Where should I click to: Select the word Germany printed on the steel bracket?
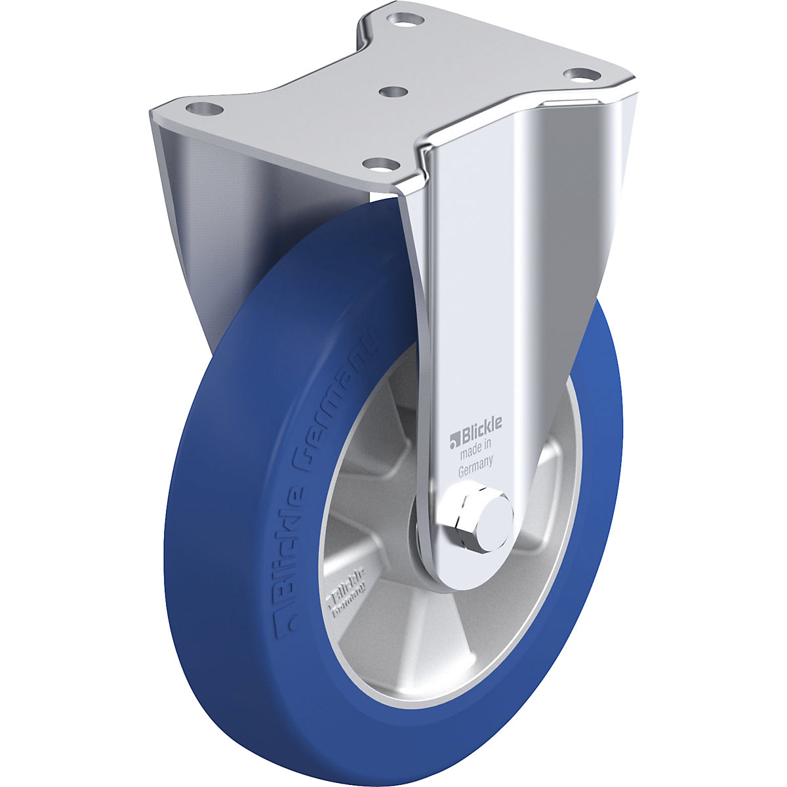[476, 466]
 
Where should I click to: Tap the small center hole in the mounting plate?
[392, 92]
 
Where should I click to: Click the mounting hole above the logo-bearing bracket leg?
[578, 74]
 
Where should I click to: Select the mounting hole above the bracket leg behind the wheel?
[201, 108]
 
